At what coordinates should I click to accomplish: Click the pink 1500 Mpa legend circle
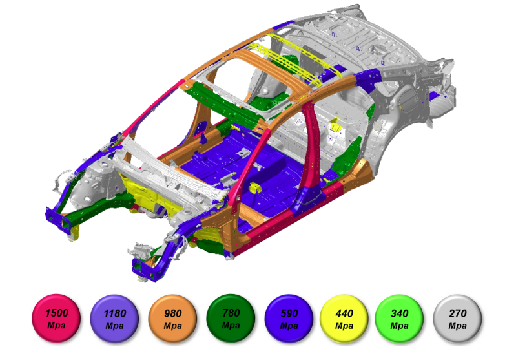(x=56, y=319)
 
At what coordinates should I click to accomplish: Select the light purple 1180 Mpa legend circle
(x=114, y=319)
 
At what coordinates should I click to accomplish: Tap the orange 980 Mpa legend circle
(x=173, y=319)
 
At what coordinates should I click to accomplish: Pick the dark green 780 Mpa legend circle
(x=231, y=319)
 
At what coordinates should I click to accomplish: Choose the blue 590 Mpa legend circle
(x=289, y=319)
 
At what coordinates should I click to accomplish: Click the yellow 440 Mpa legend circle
(x=344, y=319)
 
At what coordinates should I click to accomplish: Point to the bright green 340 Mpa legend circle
(x=399, y=319)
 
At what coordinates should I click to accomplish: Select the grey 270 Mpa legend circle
(x=457, y=319)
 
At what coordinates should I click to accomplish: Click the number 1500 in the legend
(x=57, y=313)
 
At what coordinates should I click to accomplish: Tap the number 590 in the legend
(x=289, y=313)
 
